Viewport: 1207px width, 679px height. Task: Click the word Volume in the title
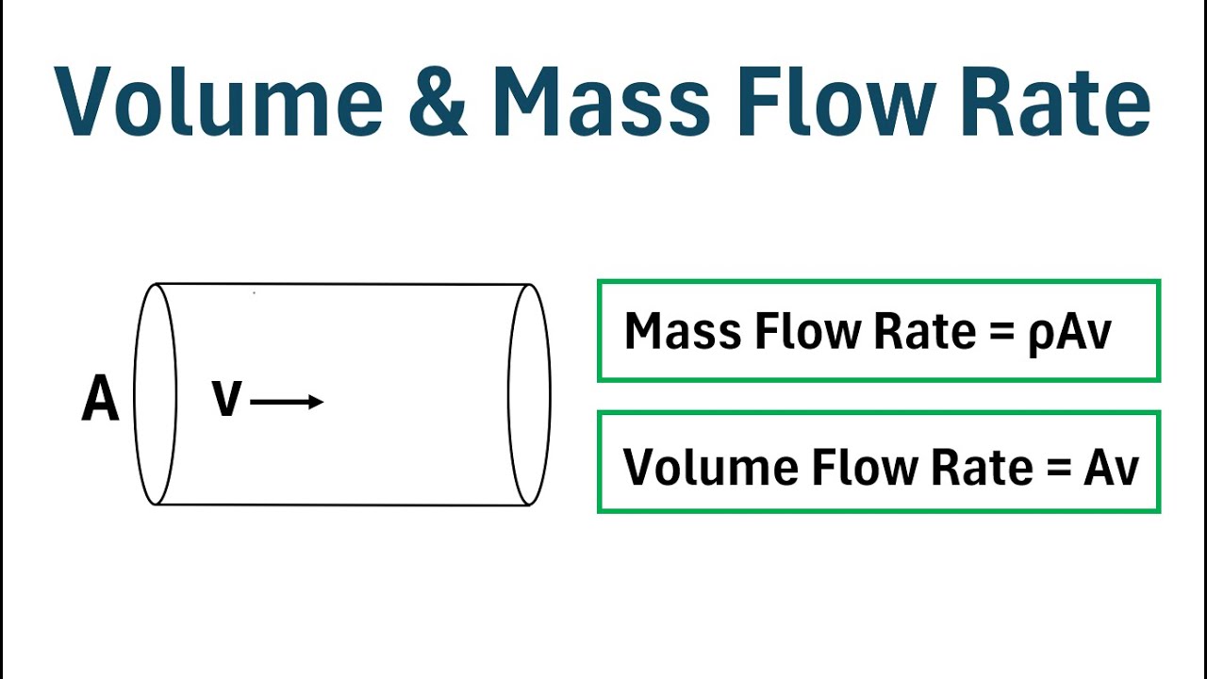218,101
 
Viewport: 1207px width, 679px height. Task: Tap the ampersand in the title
438,101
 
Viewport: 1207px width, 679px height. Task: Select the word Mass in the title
602,101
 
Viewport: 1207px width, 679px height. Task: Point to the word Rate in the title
1056,101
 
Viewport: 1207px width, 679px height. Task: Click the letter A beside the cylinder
100,399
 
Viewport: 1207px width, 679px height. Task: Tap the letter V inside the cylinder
227,399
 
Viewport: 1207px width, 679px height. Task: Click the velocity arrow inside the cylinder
287,402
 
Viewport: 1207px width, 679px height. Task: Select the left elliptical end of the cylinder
134,394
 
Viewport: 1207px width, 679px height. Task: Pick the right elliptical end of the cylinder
550,394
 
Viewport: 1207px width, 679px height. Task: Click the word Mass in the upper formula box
683,331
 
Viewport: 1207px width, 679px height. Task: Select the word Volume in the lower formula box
710,467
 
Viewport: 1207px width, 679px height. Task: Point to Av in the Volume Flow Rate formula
1111,467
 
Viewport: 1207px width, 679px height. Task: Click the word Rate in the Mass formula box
925,331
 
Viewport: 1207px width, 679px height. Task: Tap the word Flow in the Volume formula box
864,466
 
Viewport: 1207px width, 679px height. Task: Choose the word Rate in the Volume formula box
982,467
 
